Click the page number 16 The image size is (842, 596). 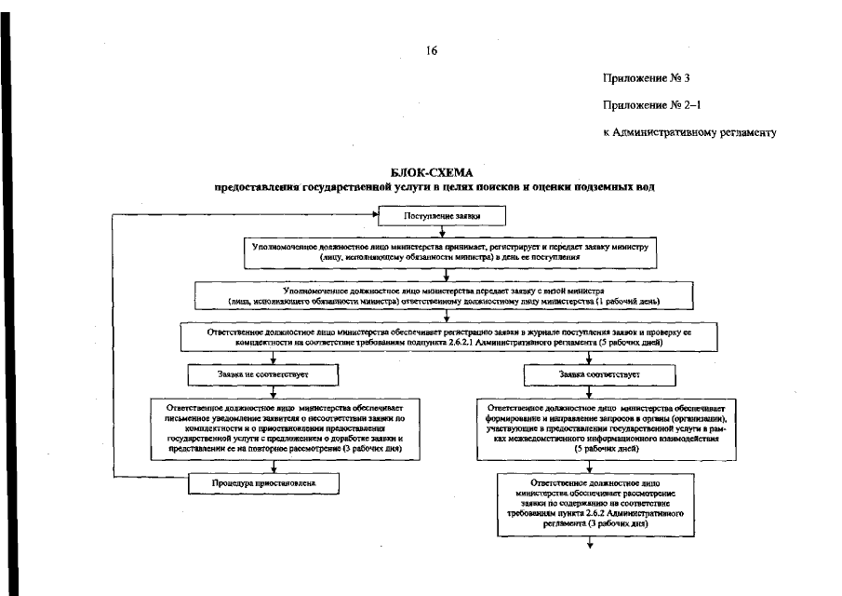(432, 51)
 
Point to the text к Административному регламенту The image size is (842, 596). (689, 131)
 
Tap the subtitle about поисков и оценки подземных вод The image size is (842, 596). (434, 187)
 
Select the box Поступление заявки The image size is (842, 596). (441, 217)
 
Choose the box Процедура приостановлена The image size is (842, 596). (262, 483)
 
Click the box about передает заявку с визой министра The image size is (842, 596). (445, 295)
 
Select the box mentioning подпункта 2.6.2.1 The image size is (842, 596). (447, 336)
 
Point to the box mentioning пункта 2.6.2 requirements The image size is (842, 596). (591, 504)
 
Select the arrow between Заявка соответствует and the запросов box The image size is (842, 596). (597, 392)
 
